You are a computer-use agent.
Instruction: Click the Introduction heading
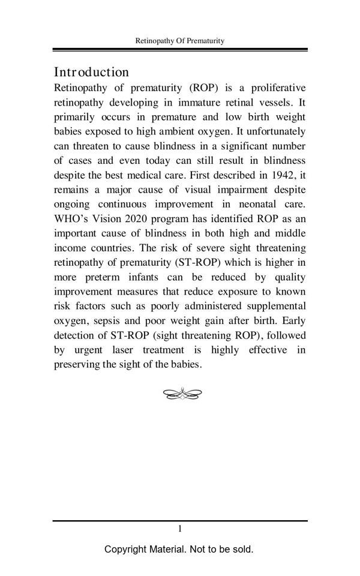coord(91,72)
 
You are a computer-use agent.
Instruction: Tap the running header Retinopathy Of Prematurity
coord(180,41)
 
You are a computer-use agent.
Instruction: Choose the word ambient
coord(155,131)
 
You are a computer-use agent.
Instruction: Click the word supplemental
coord(276,307)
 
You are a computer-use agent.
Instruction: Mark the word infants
coord(149,277)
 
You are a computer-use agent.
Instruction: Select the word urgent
coord(88,350)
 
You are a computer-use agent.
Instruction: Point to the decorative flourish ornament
coord(182,394)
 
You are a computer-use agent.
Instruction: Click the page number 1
coord(179,529)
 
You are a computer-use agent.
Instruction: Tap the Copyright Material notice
coord(179,549)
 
